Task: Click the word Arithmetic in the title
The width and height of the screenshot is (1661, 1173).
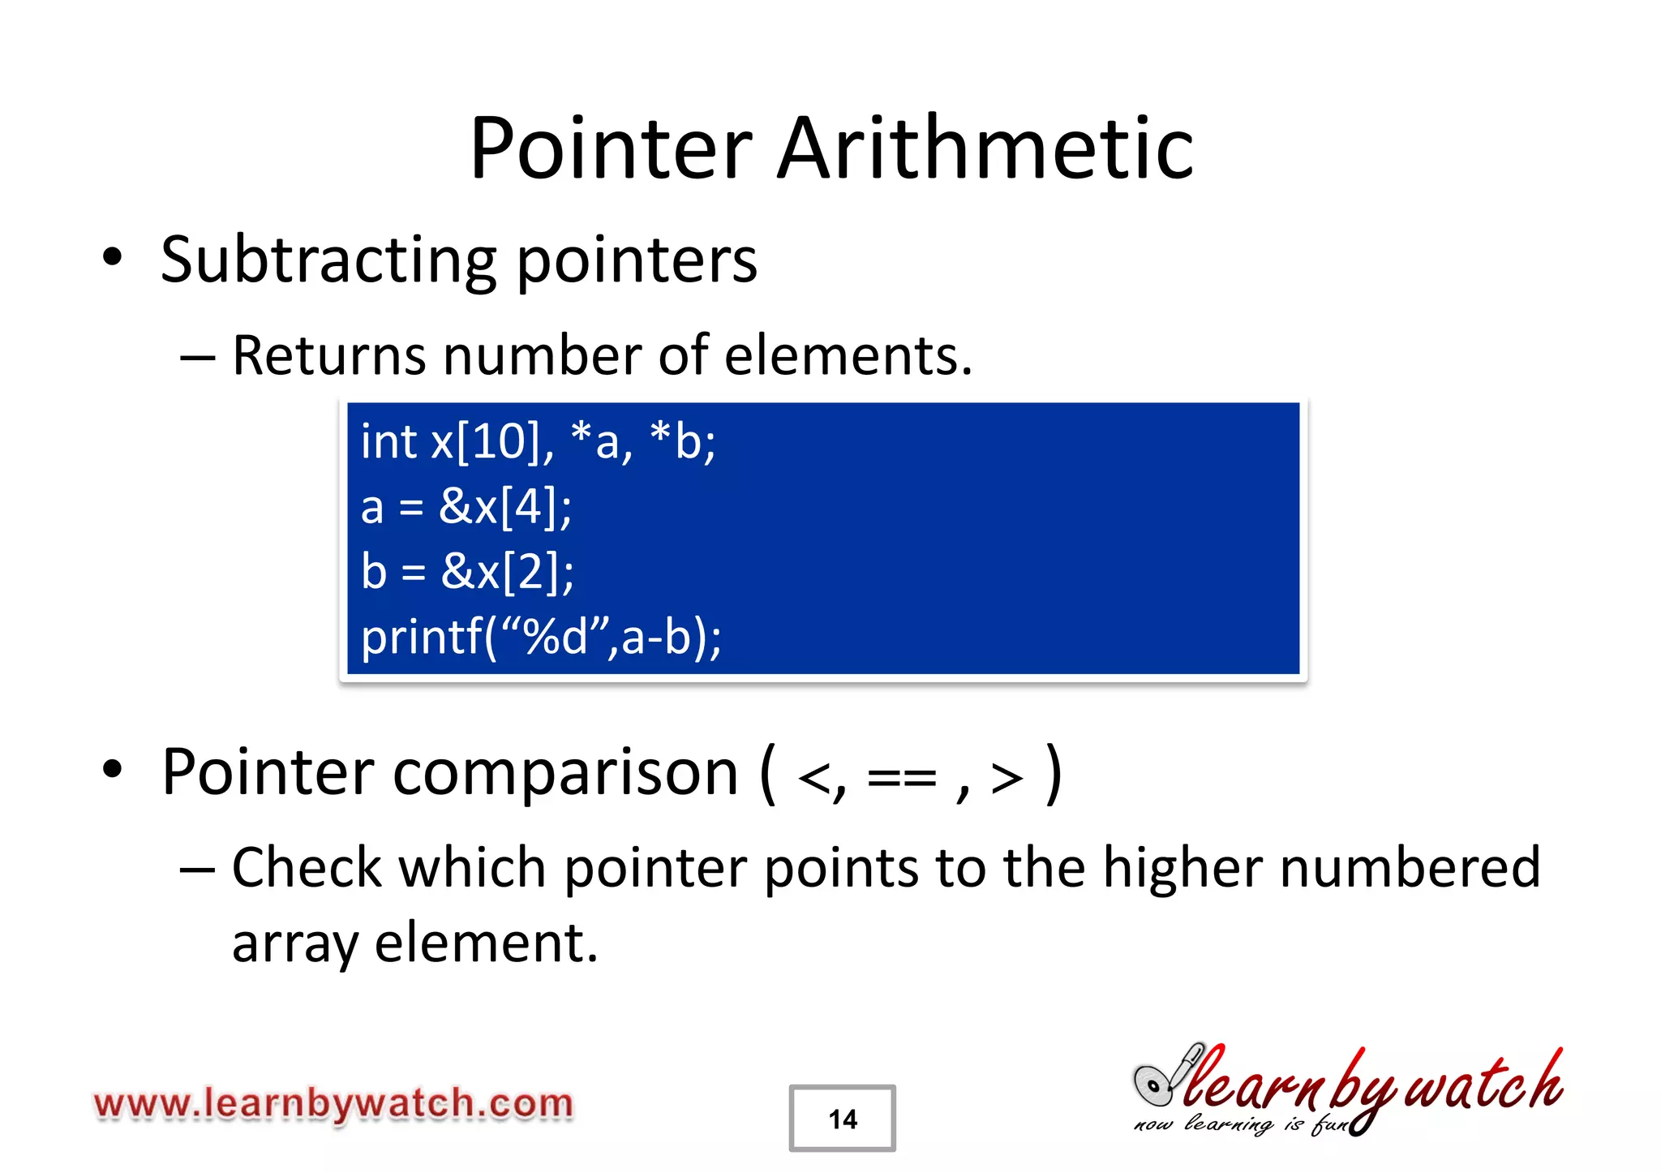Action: point(985,148)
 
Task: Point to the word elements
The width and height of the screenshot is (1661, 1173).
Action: point(848,355)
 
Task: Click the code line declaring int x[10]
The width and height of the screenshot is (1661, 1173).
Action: point(538,442)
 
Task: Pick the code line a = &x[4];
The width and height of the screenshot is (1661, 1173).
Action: point(466,507)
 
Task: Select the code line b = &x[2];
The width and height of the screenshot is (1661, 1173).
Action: point(468,571)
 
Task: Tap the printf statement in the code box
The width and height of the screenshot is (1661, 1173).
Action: point(541,637)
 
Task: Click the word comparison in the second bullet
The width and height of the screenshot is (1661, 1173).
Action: point(565,772)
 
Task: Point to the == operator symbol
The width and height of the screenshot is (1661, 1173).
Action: point(901,779)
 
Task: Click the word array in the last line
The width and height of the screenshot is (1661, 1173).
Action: point(295,944)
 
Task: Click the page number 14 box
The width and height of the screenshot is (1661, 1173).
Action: point(842,1119)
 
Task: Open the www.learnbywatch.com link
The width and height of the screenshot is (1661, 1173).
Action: point(333,1104)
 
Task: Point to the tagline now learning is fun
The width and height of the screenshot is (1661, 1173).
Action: point(1241,1124)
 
